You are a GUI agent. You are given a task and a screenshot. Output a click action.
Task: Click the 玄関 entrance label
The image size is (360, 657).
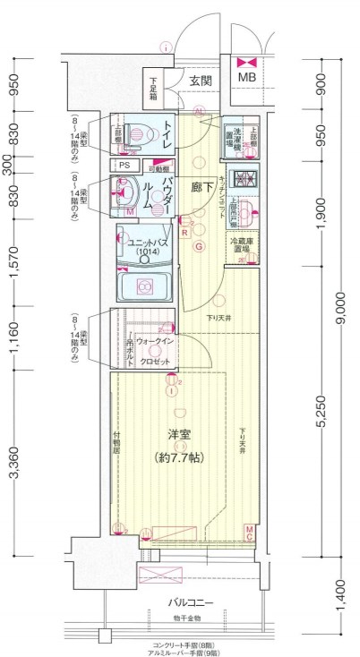201,81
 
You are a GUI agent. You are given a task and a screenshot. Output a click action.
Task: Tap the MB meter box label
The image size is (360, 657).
245,78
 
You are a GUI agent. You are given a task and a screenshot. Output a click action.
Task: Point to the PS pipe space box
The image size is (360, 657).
124,166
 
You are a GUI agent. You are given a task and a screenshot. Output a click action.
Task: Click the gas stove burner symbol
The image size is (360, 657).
242,177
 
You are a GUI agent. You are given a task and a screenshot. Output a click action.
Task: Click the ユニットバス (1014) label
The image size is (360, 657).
145,249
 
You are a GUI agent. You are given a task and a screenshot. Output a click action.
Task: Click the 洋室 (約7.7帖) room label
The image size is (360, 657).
182,446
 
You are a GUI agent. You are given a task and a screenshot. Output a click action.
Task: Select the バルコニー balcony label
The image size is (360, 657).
187,603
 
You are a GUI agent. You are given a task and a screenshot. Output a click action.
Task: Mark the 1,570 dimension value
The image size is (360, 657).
13,260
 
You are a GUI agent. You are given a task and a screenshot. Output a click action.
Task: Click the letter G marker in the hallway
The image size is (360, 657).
200,246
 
